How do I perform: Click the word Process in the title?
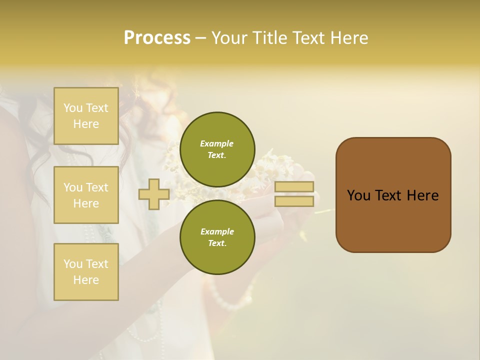157,38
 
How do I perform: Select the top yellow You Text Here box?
86,116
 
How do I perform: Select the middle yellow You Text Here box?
86,195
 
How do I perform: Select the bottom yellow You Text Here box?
86,272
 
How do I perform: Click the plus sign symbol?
153,194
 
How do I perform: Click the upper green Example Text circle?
217,149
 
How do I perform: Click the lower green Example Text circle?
217,237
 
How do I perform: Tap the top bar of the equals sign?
294,187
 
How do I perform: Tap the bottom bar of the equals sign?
294,201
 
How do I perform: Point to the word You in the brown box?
358,195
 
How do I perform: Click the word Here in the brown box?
422,195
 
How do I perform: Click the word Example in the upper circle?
216,143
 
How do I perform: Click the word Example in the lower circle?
217,231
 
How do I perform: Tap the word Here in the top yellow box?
86,124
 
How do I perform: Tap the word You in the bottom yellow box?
73,264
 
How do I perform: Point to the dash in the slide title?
200,38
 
